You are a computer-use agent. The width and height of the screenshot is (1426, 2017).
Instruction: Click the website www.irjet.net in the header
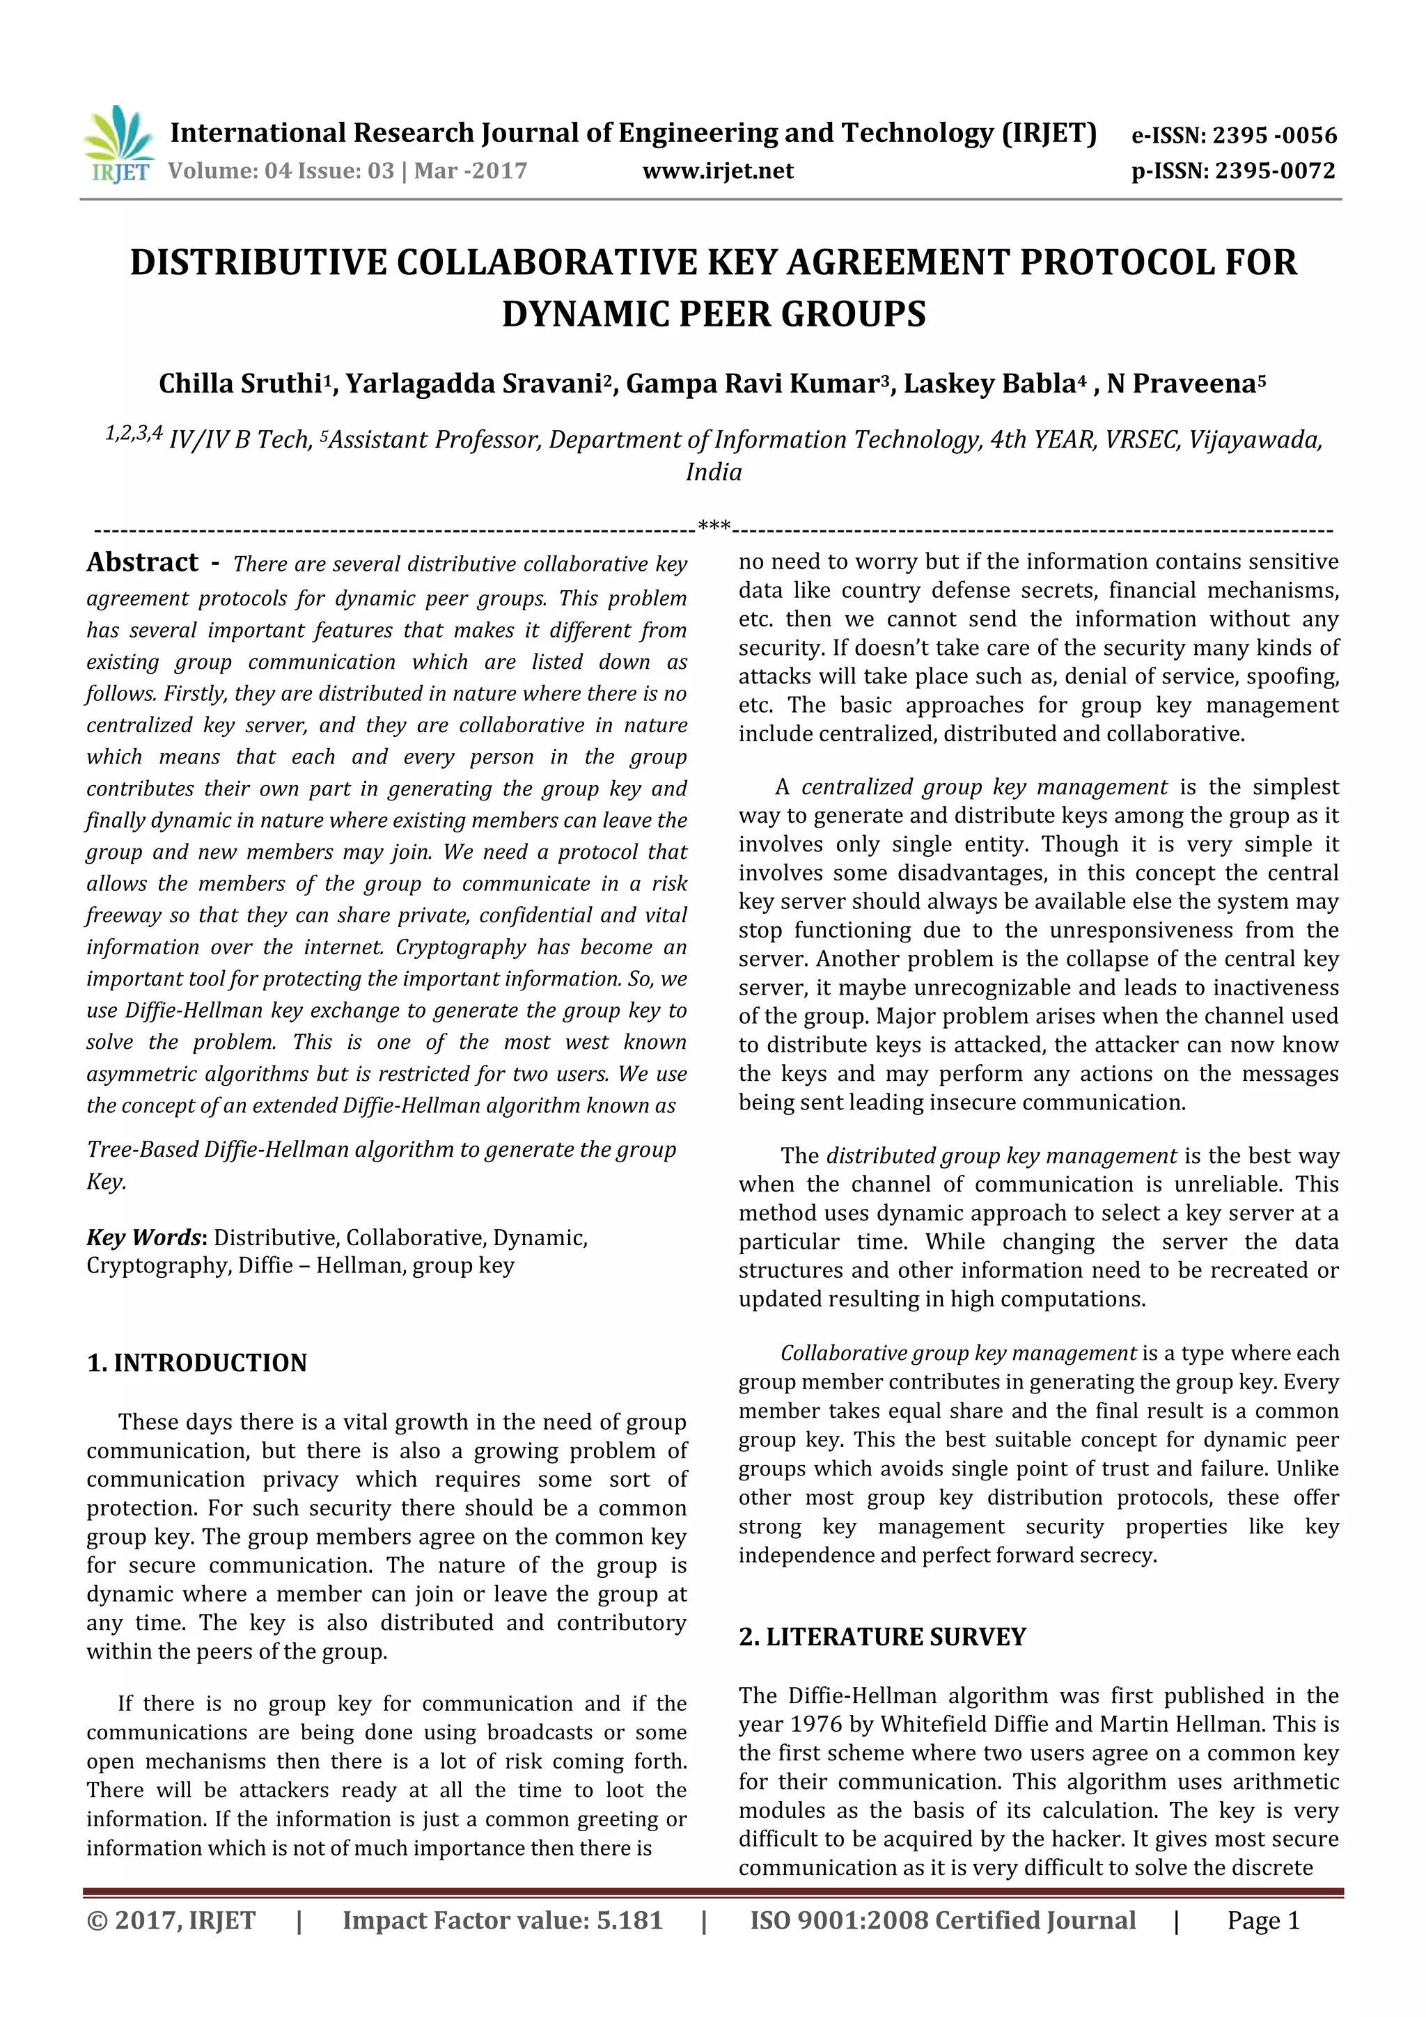pyautogui.click(x=717, y=171)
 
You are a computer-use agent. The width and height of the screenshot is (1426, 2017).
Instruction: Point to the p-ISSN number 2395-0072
pyautogui.click(x=1275, y=171)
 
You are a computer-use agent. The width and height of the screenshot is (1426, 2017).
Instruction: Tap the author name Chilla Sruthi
pyautogui.click(x=240, y=384)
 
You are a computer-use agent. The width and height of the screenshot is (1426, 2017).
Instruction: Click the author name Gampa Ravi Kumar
pyautogui.click(x=752, y=384)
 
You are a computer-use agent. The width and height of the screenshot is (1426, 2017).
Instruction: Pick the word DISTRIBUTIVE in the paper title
pyautogui.click(x=258, y=262)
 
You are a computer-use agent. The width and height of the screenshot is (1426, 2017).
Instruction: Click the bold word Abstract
pyautogui.click(x=142, y=562)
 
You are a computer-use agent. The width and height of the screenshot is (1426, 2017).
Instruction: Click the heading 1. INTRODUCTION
pyautogui.click(x=197, y=1363)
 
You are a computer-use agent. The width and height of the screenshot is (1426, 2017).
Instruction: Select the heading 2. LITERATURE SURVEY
pyautogui.click(x=882, y=1636)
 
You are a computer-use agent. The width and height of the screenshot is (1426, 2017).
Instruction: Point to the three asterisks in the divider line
pyautogui.click(x=714, y=526)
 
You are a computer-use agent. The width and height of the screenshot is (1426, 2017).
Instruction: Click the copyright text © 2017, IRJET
pyautogui.click(x=171, y=1920)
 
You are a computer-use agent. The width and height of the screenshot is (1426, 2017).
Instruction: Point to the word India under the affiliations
pyautogui.click(x=714, y=473)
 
